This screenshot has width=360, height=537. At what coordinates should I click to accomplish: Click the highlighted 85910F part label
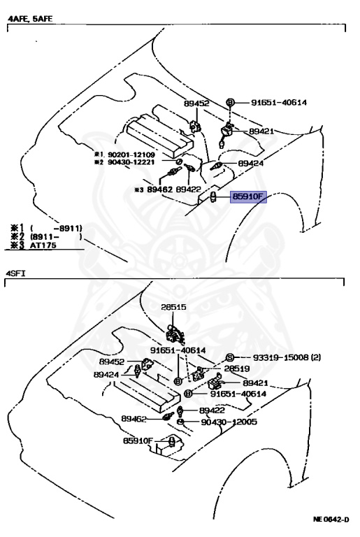tap(248, 197)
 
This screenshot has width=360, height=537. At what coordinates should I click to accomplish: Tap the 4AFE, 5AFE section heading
tap(30, 19)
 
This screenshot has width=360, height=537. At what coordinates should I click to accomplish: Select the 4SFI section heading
tap(15, 273)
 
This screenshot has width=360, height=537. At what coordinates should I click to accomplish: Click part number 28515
tap(173, 307)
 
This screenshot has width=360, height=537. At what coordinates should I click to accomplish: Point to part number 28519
tap(237, 368)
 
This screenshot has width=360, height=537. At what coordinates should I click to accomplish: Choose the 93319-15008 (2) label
tap(287, 357)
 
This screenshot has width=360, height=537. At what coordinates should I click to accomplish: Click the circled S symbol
tap(229, 357)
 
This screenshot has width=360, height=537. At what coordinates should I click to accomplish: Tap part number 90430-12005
tap(229, 422)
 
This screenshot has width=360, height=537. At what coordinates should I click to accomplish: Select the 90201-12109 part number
tap(131, 155)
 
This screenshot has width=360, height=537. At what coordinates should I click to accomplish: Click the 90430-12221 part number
tap(131, 162)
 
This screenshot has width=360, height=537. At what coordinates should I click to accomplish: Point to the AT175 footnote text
tap(43, 245)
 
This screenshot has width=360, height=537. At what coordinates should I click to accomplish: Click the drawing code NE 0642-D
tap(331, 520)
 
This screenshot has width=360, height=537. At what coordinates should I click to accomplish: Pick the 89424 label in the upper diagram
tap(251, 164)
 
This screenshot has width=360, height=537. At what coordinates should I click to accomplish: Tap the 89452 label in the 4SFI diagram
tap(112, 361)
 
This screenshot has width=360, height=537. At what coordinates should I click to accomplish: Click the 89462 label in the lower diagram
tap(134, 419)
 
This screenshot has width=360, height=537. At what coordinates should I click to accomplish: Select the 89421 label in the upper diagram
tap(261, 131)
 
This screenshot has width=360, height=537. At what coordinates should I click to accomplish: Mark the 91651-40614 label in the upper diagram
tap(279, 102)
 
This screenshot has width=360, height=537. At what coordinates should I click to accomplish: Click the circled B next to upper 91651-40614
tap(230, 102)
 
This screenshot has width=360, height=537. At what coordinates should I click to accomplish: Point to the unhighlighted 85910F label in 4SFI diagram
tap(138, 441)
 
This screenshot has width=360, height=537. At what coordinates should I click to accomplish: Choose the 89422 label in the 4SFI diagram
tap(212, 410)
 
